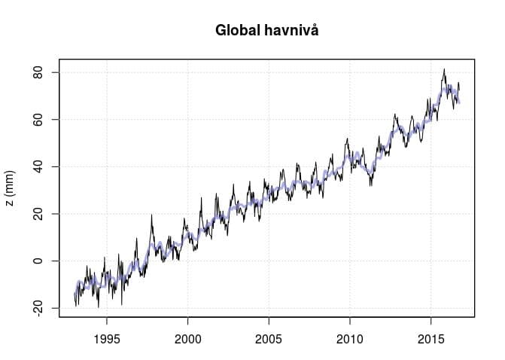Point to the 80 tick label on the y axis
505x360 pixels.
(x=36, y=72)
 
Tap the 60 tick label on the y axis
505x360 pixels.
(x=36, y=120)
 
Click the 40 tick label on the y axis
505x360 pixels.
(x=36, y=166)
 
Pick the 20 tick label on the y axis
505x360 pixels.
(x=36, y=214)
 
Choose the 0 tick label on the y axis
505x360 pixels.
(x=36, y=261)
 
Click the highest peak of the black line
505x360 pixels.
(x=444, y=69)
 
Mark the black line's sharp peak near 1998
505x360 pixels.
(x=152, y=215)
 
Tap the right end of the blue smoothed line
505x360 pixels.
(x=459, y=102)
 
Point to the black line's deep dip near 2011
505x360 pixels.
(x=370, y=185)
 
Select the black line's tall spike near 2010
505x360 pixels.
(x=346, y=139)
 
